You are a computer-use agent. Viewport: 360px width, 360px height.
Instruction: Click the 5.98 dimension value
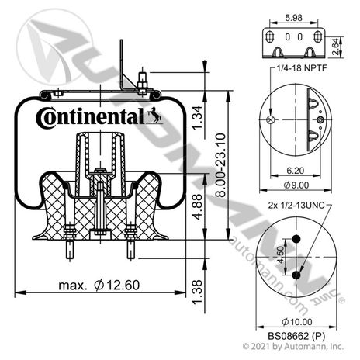click(293, 18)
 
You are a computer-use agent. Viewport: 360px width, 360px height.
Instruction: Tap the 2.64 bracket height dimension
click(335, 47)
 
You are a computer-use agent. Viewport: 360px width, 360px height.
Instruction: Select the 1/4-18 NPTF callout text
click(302, 68)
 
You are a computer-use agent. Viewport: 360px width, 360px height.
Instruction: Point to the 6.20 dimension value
click(296, 171)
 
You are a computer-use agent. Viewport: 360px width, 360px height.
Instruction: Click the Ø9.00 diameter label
click(296, 185)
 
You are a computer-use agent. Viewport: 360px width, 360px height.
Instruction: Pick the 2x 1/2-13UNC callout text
click(296, 206)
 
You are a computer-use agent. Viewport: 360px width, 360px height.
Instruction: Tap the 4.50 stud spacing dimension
click(280, 254)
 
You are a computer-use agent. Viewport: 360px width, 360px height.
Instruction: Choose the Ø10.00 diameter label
click(297, 322)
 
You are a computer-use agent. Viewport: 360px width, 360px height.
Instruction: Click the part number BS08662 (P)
click(296, 336)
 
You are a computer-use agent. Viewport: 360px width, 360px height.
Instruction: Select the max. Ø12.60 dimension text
click(99, 286)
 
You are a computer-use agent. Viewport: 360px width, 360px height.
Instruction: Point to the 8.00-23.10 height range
click(220, 165)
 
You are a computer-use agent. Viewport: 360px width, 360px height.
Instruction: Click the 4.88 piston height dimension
click(198, 207)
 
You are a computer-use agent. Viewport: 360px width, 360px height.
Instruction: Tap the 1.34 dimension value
click(198, 118)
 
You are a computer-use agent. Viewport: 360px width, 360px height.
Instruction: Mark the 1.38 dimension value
click(198, 292)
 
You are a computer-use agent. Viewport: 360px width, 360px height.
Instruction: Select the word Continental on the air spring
click(90, 118)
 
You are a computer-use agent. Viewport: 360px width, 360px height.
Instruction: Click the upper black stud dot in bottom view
click(296, 239)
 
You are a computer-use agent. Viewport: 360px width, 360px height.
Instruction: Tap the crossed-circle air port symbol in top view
click(271, 119)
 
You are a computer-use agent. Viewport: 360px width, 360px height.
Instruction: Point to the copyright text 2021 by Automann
click(293, 346)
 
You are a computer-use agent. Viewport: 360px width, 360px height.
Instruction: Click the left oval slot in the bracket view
click(270, 36)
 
